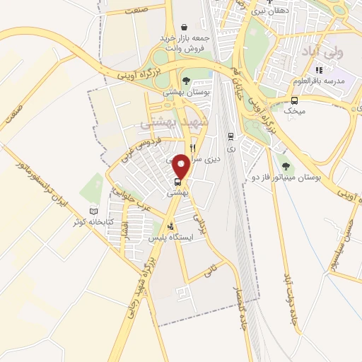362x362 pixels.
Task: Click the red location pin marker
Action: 182,166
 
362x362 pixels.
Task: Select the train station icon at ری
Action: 230,136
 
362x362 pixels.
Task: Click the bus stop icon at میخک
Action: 294,100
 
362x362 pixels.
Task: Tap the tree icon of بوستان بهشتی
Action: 186,81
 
